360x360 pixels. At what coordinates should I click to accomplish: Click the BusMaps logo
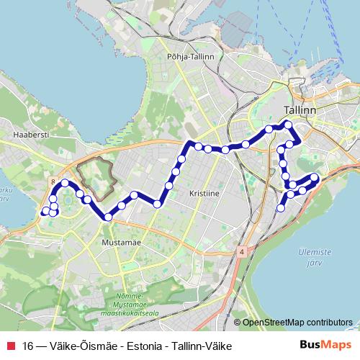click(330, 346)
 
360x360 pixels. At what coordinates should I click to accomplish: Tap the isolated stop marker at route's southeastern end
click(281, 208)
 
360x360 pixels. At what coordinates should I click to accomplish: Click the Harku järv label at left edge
click(6, 195)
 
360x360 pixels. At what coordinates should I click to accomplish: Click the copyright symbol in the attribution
click(237, 322)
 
